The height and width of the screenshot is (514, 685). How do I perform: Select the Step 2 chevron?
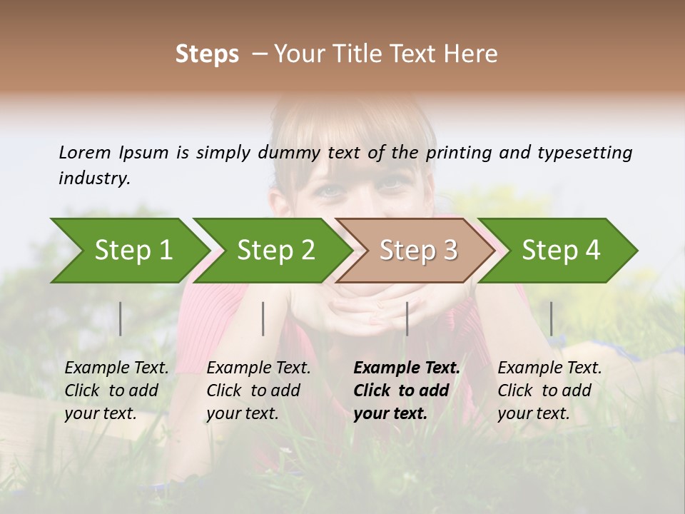[275, 251]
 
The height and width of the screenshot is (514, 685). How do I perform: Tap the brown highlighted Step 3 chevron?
[418, 251]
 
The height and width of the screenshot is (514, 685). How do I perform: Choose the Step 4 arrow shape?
[561, 251]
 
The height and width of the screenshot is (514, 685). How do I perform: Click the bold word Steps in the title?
[207, 54]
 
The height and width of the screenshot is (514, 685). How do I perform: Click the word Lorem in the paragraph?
[84, 152]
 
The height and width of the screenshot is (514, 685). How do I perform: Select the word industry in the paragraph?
[93, 178]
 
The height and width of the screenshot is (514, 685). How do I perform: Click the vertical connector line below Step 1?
[121, 318]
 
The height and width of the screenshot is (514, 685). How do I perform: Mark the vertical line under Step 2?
[263, 318]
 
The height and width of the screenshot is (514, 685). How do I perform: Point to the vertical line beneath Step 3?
[407, 318]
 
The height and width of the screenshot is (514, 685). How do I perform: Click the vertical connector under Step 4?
[551, 318]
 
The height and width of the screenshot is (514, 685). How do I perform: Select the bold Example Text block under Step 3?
[407, 390]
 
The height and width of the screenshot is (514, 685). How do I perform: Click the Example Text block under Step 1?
[116, 390]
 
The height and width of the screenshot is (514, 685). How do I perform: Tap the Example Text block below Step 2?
[258, 390]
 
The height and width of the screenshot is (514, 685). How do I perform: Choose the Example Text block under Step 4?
[549, 390]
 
